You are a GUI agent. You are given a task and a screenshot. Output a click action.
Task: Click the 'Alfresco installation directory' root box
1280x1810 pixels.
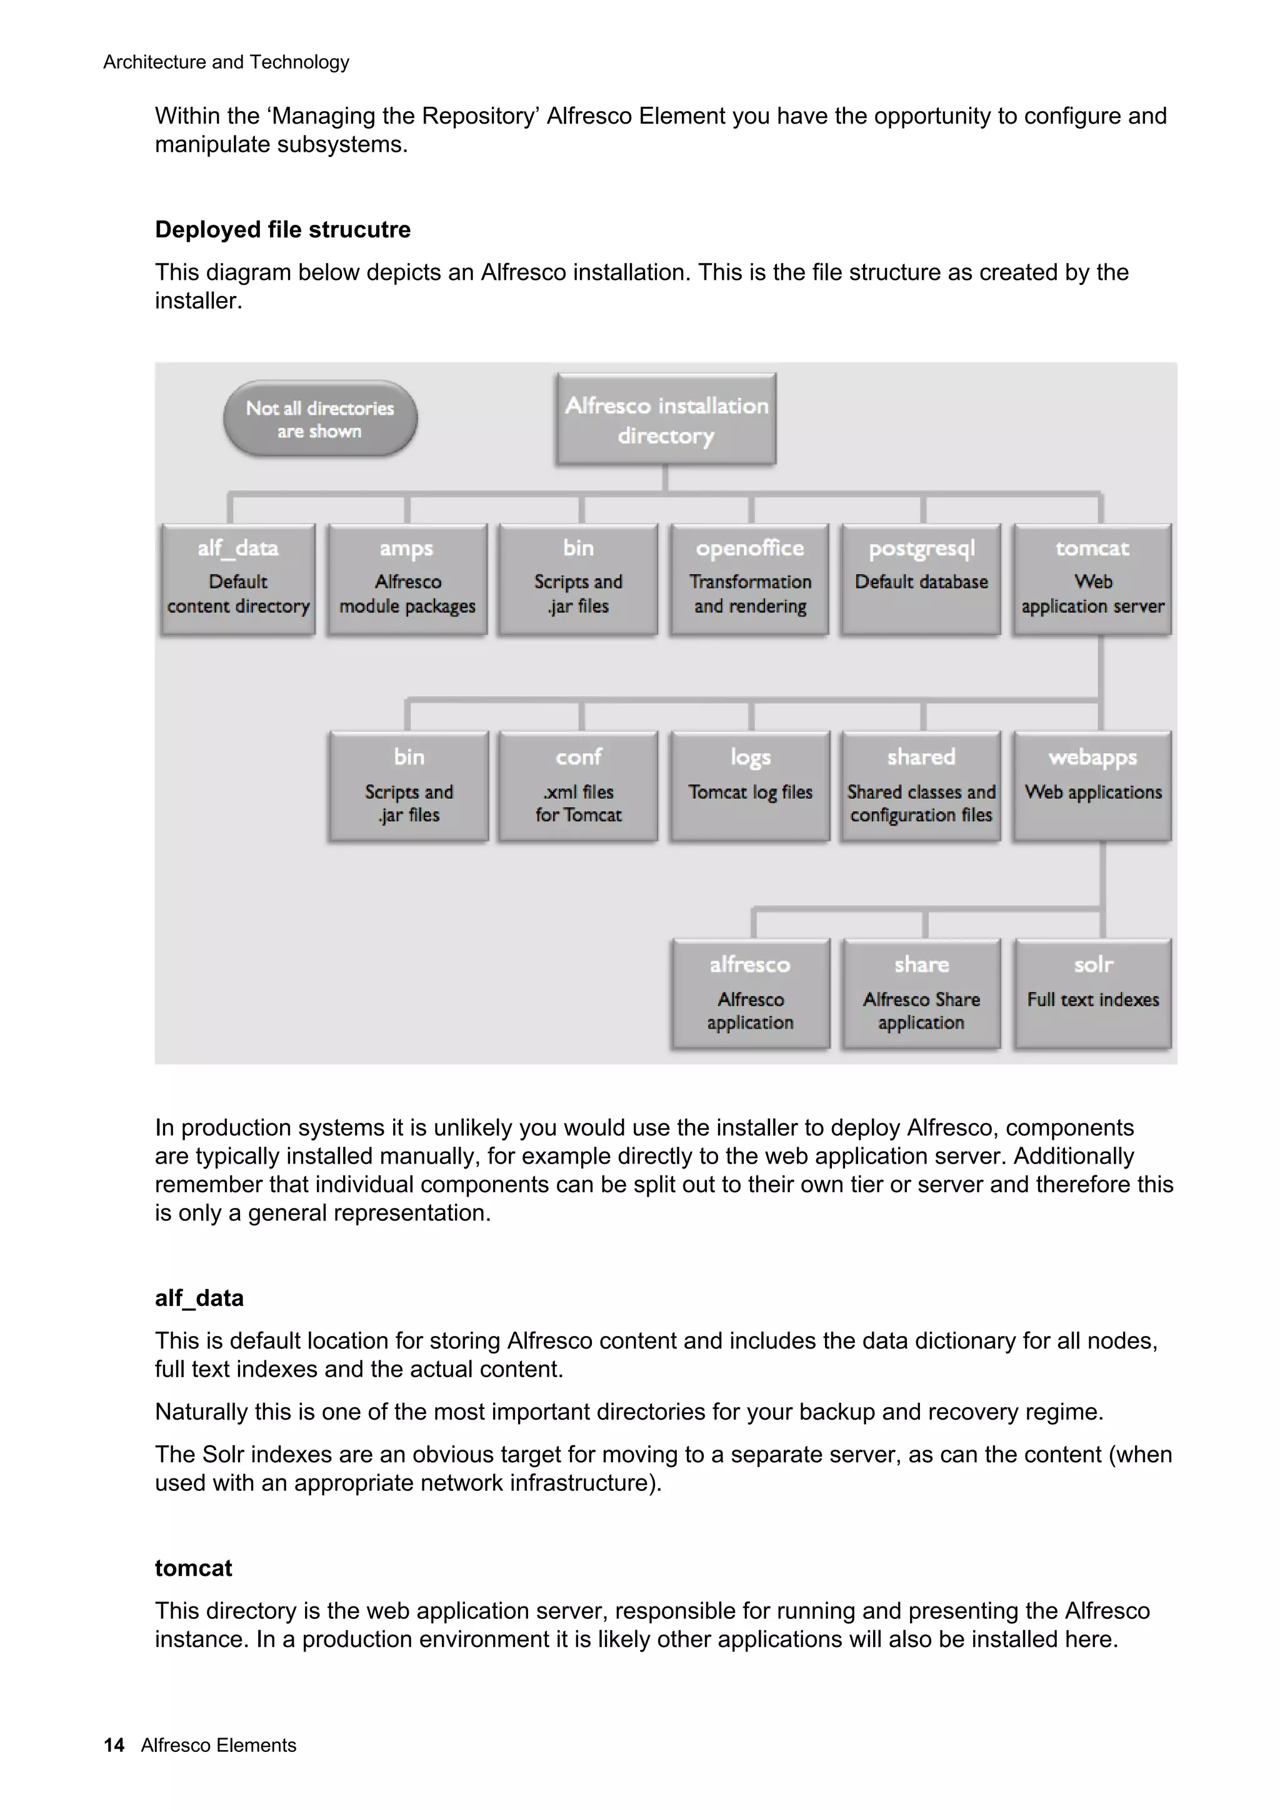click(666, 419)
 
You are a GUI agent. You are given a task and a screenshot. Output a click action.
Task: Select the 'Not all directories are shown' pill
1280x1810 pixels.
click(319, 418)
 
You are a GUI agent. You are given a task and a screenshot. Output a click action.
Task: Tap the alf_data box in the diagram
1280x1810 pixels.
click(237, 578)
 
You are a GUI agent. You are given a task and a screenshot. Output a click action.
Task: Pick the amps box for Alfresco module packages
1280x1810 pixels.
click(407, 578)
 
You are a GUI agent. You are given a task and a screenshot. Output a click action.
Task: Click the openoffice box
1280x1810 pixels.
click(749, 578)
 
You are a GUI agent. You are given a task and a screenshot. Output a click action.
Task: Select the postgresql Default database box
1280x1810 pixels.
click(921, 578)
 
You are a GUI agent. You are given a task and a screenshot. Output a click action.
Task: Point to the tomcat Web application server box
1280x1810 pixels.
click(1092, 578)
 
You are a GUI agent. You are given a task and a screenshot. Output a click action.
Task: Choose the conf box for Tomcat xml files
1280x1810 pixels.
click(578, 786)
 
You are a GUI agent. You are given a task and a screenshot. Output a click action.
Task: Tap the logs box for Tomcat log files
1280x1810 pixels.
click(749, 786)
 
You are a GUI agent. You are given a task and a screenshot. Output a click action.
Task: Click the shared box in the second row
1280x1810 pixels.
click(921, 786)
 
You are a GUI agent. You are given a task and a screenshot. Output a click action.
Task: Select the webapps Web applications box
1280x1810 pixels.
click(1092, 786)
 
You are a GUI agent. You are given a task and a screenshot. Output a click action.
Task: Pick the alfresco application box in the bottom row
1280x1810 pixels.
click(749, 993)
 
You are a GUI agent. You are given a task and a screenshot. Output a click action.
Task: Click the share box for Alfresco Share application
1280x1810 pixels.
click(921, 993)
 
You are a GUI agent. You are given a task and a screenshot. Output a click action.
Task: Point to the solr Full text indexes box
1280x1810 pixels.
click(1092, 993)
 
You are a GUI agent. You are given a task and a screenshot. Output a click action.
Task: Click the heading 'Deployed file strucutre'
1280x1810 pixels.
click(282, 229)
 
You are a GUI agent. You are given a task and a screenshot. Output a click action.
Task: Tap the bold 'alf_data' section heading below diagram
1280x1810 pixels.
click(199, 1298)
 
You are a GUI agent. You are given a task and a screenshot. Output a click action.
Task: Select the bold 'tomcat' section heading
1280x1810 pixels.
click(193, 1568)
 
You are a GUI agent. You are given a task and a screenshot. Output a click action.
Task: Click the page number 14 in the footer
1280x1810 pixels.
click(114, 1744)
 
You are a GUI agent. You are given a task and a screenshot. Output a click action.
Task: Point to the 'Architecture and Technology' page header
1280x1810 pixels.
click(226, 62)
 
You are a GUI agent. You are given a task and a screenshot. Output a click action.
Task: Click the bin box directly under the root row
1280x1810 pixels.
click(578, 578)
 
